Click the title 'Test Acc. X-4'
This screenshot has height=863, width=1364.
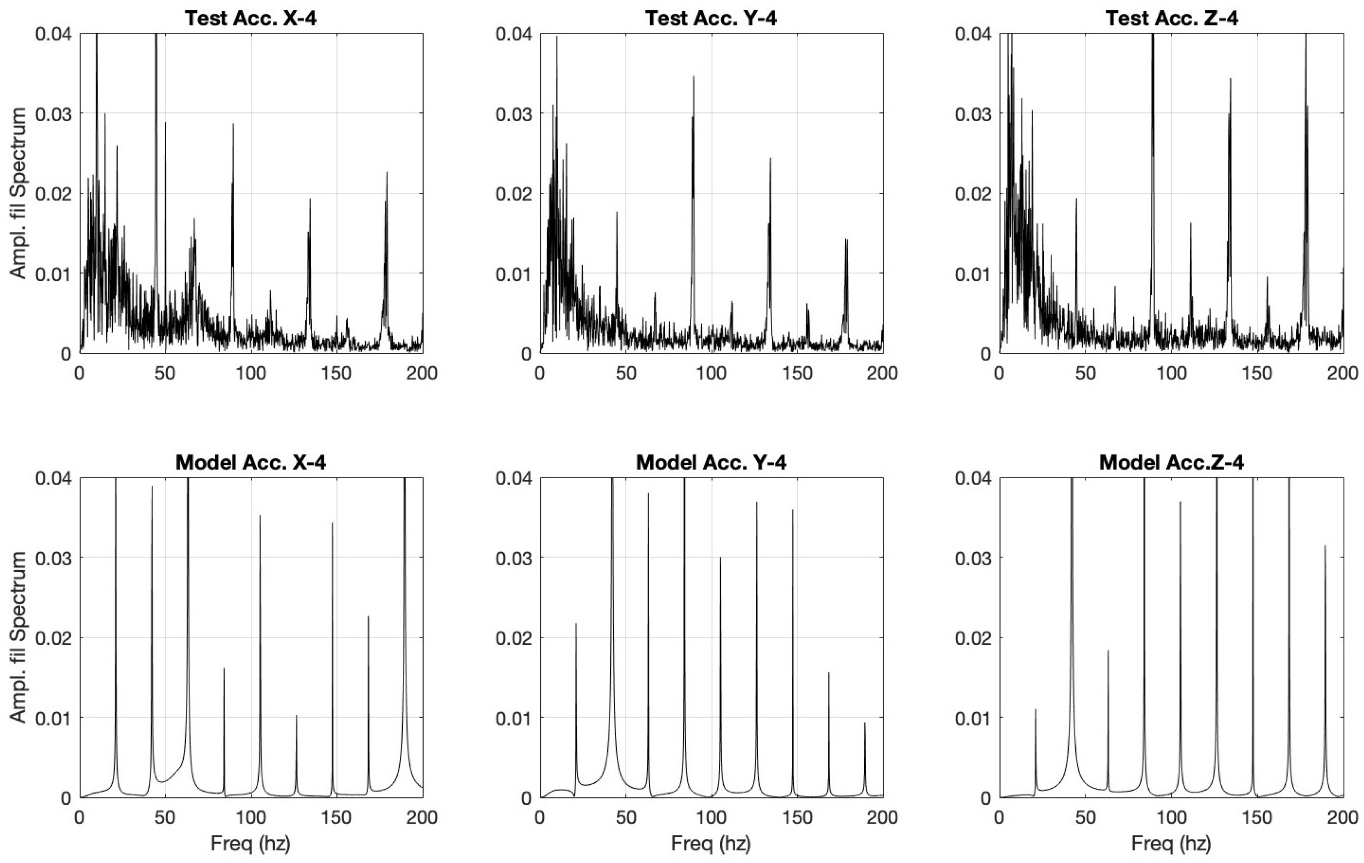(x=251, y=18)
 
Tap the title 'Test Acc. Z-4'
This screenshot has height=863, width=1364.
(x=1171, y=18)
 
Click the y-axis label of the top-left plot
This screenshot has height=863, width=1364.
(x=19, y=193)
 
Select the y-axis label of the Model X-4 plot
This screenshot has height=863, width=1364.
(x=19, y=637)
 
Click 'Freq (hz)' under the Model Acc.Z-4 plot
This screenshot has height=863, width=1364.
(x=1171, y=844)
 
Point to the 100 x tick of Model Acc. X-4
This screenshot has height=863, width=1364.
(x=251, y=817)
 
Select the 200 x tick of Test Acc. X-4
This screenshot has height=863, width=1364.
(x=422, y=373)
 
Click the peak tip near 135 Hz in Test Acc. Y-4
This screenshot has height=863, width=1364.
(x=770, y=158)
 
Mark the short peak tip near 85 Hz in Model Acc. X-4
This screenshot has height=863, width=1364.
(x=224, y=669)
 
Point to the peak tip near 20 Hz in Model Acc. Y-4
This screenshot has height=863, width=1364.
(x=576, y=624)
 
